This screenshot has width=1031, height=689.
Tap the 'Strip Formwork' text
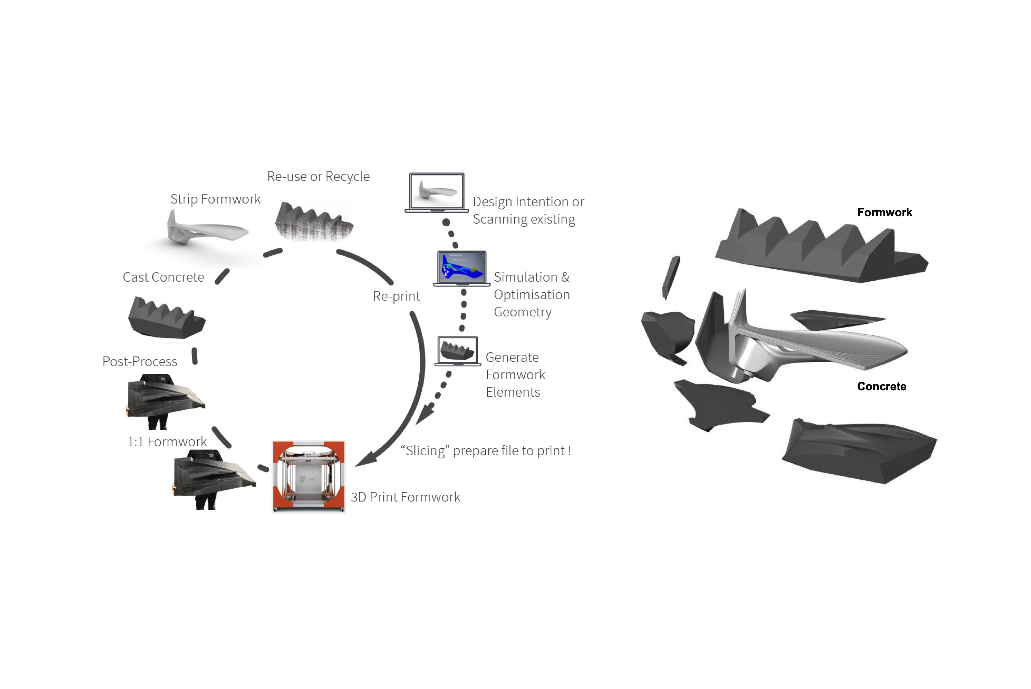(215, 199)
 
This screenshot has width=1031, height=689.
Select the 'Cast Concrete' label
(163, 277)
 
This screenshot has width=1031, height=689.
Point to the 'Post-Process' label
(140, 362)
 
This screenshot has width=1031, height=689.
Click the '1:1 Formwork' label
(167, 442)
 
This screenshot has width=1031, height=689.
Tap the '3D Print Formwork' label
(405, 497)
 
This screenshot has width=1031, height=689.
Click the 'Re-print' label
(396, 296)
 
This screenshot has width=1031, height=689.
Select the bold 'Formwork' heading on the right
(884, 213)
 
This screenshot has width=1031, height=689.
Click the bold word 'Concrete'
(881, 387)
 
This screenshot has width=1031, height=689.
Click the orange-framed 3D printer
(309, 476)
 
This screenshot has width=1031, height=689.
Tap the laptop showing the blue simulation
(462, 268)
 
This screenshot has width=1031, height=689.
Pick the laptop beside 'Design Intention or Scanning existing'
(436, 192)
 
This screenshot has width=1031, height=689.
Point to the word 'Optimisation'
(532, 294)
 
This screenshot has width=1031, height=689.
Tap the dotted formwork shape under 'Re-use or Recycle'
(314, 222)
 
